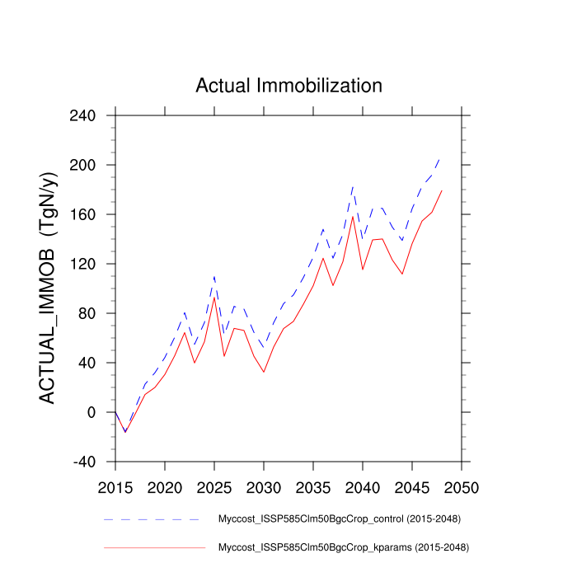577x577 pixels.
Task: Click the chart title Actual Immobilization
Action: (288, 86)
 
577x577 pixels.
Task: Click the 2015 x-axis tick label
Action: (115, 486)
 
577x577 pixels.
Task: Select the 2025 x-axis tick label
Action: (214, 486)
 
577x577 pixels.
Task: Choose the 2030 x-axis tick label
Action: (264, 486)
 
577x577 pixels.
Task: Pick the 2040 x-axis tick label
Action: (363, 486)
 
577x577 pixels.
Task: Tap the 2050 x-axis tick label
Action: (462, 486)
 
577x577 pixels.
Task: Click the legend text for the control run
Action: (339, 519)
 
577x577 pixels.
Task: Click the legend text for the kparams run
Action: (342, 547)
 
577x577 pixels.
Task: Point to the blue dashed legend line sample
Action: (152, 520)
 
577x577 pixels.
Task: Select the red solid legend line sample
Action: (152, 547)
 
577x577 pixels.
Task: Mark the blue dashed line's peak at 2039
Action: (353, 186)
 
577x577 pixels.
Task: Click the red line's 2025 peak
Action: (214, 298)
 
